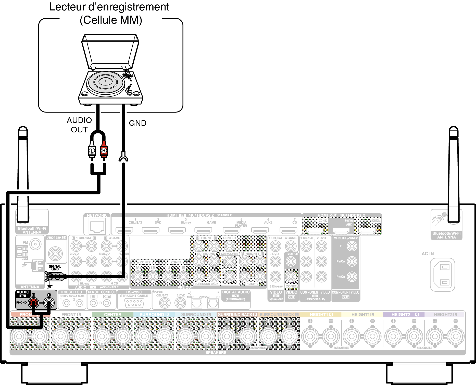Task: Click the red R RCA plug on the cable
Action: tap(104, 151)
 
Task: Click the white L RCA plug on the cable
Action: tap(92, 151)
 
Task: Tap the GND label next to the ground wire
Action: tap(137, 123)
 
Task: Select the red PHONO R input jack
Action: tap(33, 303)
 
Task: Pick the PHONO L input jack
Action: tap(49, 303)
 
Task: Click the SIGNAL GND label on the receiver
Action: tap(55, 268)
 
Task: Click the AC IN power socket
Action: tap(442, 275)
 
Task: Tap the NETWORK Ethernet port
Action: tap(97, 227)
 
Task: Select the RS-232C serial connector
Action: tap(134, 303)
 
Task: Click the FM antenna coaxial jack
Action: tap(35, 244)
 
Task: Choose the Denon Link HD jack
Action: tap(55, 253)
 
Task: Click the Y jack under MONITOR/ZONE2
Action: tap(352, 246)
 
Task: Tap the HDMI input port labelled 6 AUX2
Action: tap(260, 231)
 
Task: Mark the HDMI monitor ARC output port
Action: tap(341, 231)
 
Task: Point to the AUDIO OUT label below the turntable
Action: tap(79, 125)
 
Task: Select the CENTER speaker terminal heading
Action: tap(112, 315)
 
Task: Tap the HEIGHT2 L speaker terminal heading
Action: tap(445, 315)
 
